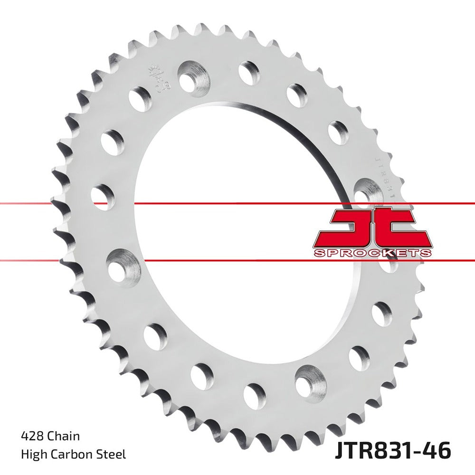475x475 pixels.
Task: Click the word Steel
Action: pyautogui.click(x=112, y=455)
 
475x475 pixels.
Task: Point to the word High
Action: pyautogui.click(x=33, y=455)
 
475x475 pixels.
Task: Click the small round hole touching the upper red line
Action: pyautogui.click(x=103, y=197)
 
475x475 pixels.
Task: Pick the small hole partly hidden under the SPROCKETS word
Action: pyautogui.click(x=389, y=264)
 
